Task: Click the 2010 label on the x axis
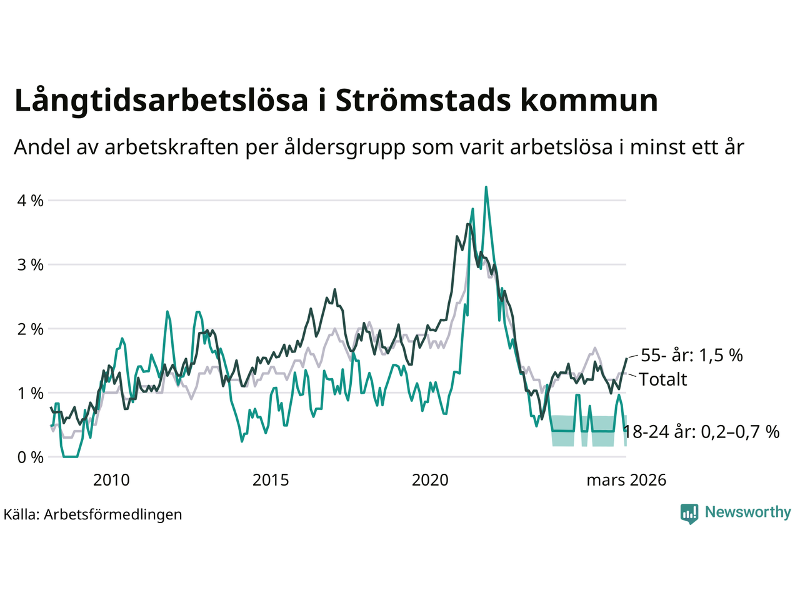(x=111, y=480)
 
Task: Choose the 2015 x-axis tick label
(x=271, y=480)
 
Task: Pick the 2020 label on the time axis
(x=430, y=480)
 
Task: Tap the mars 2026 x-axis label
(x=626, y=480)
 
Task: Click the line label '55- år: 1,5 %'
(x=692, y=355)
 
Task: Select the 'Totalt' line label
(x=663, y=379)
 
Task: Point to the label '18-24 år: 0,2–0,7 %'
(x=701, y=431)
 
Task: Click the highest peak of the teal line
(x=486, y=187)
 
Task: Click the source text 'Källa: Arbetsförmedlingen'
(x=92, y=514)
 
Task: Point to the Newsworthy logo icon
(x=689, y=513)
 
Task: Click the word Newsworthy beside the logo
(x=747, y=512)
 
